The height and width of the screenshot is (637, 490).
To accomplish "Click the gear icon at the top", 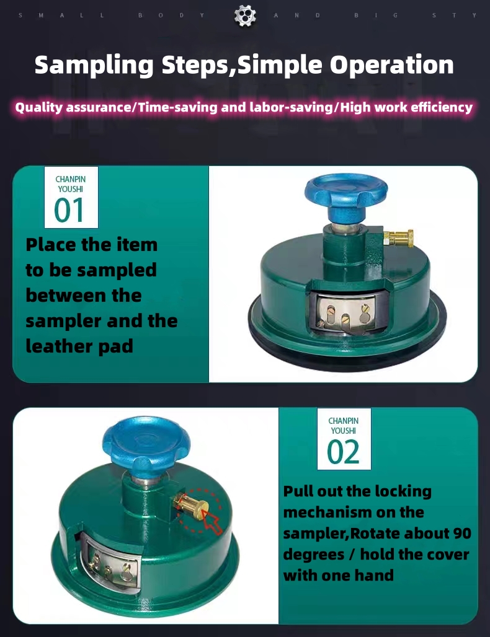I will [245, 15].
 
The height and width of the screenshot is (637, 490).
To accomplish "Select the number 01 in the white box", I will [69, 210].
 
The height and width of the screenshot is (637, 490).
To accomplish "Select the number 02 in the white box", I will [343, 452].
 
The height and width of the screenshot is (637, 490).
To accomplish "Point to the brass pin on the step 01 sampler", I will [399, 237].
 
